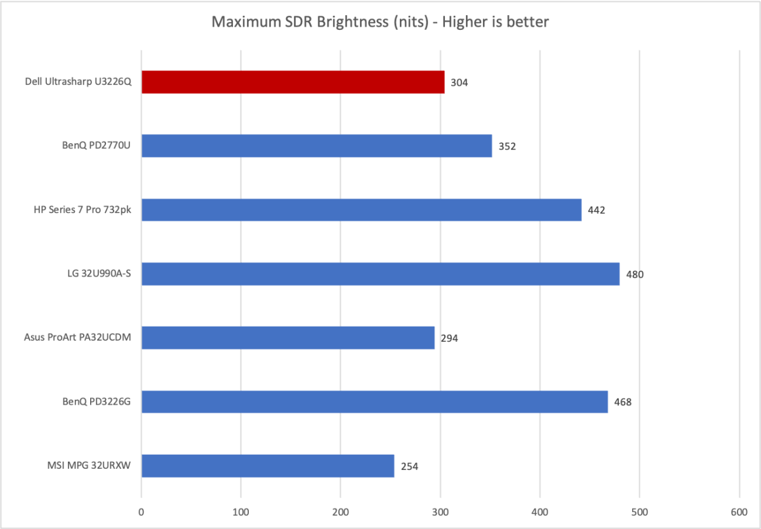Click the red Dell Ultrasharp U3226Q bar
(293, 82)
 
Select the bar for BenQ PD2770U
(316, 146)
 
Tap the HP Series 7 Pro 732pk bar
(361, 210)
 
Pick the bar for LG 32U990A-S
(380, 274)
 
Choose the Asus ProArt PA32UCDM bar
(288, 338)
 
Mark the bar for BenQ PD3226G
(374, 402)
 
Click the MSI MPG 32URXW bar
(267, 466)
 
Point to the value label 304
(460, 82)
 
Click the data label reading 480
(635, 275)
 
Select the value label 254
(409, 467)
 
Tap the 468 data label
(623, 403)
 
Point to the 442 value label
(597, 211)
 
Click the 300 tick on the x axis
(440, 510)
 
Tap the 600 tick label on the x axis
(739, 510)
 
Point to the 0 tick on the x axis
(142, 510)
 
